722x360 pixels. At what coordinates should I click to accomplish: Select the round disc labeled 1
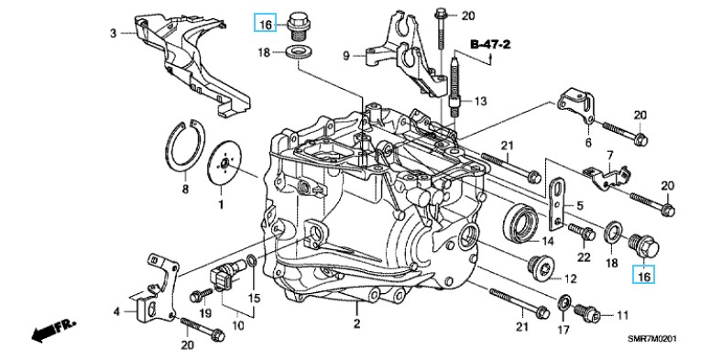[224, 163]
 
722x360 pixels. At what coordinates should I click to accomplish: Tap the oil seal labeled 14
[520, 224]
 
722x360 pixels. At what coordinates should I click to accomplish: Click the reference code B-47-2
[489, 44]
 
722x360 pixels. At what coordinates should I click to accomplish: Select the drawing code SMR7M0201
[652, 338]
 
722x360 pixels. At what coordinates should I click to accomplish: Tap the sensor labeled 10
[228, 275]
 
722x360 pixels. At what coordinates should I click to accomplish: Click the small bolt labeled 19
[201, 296]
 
